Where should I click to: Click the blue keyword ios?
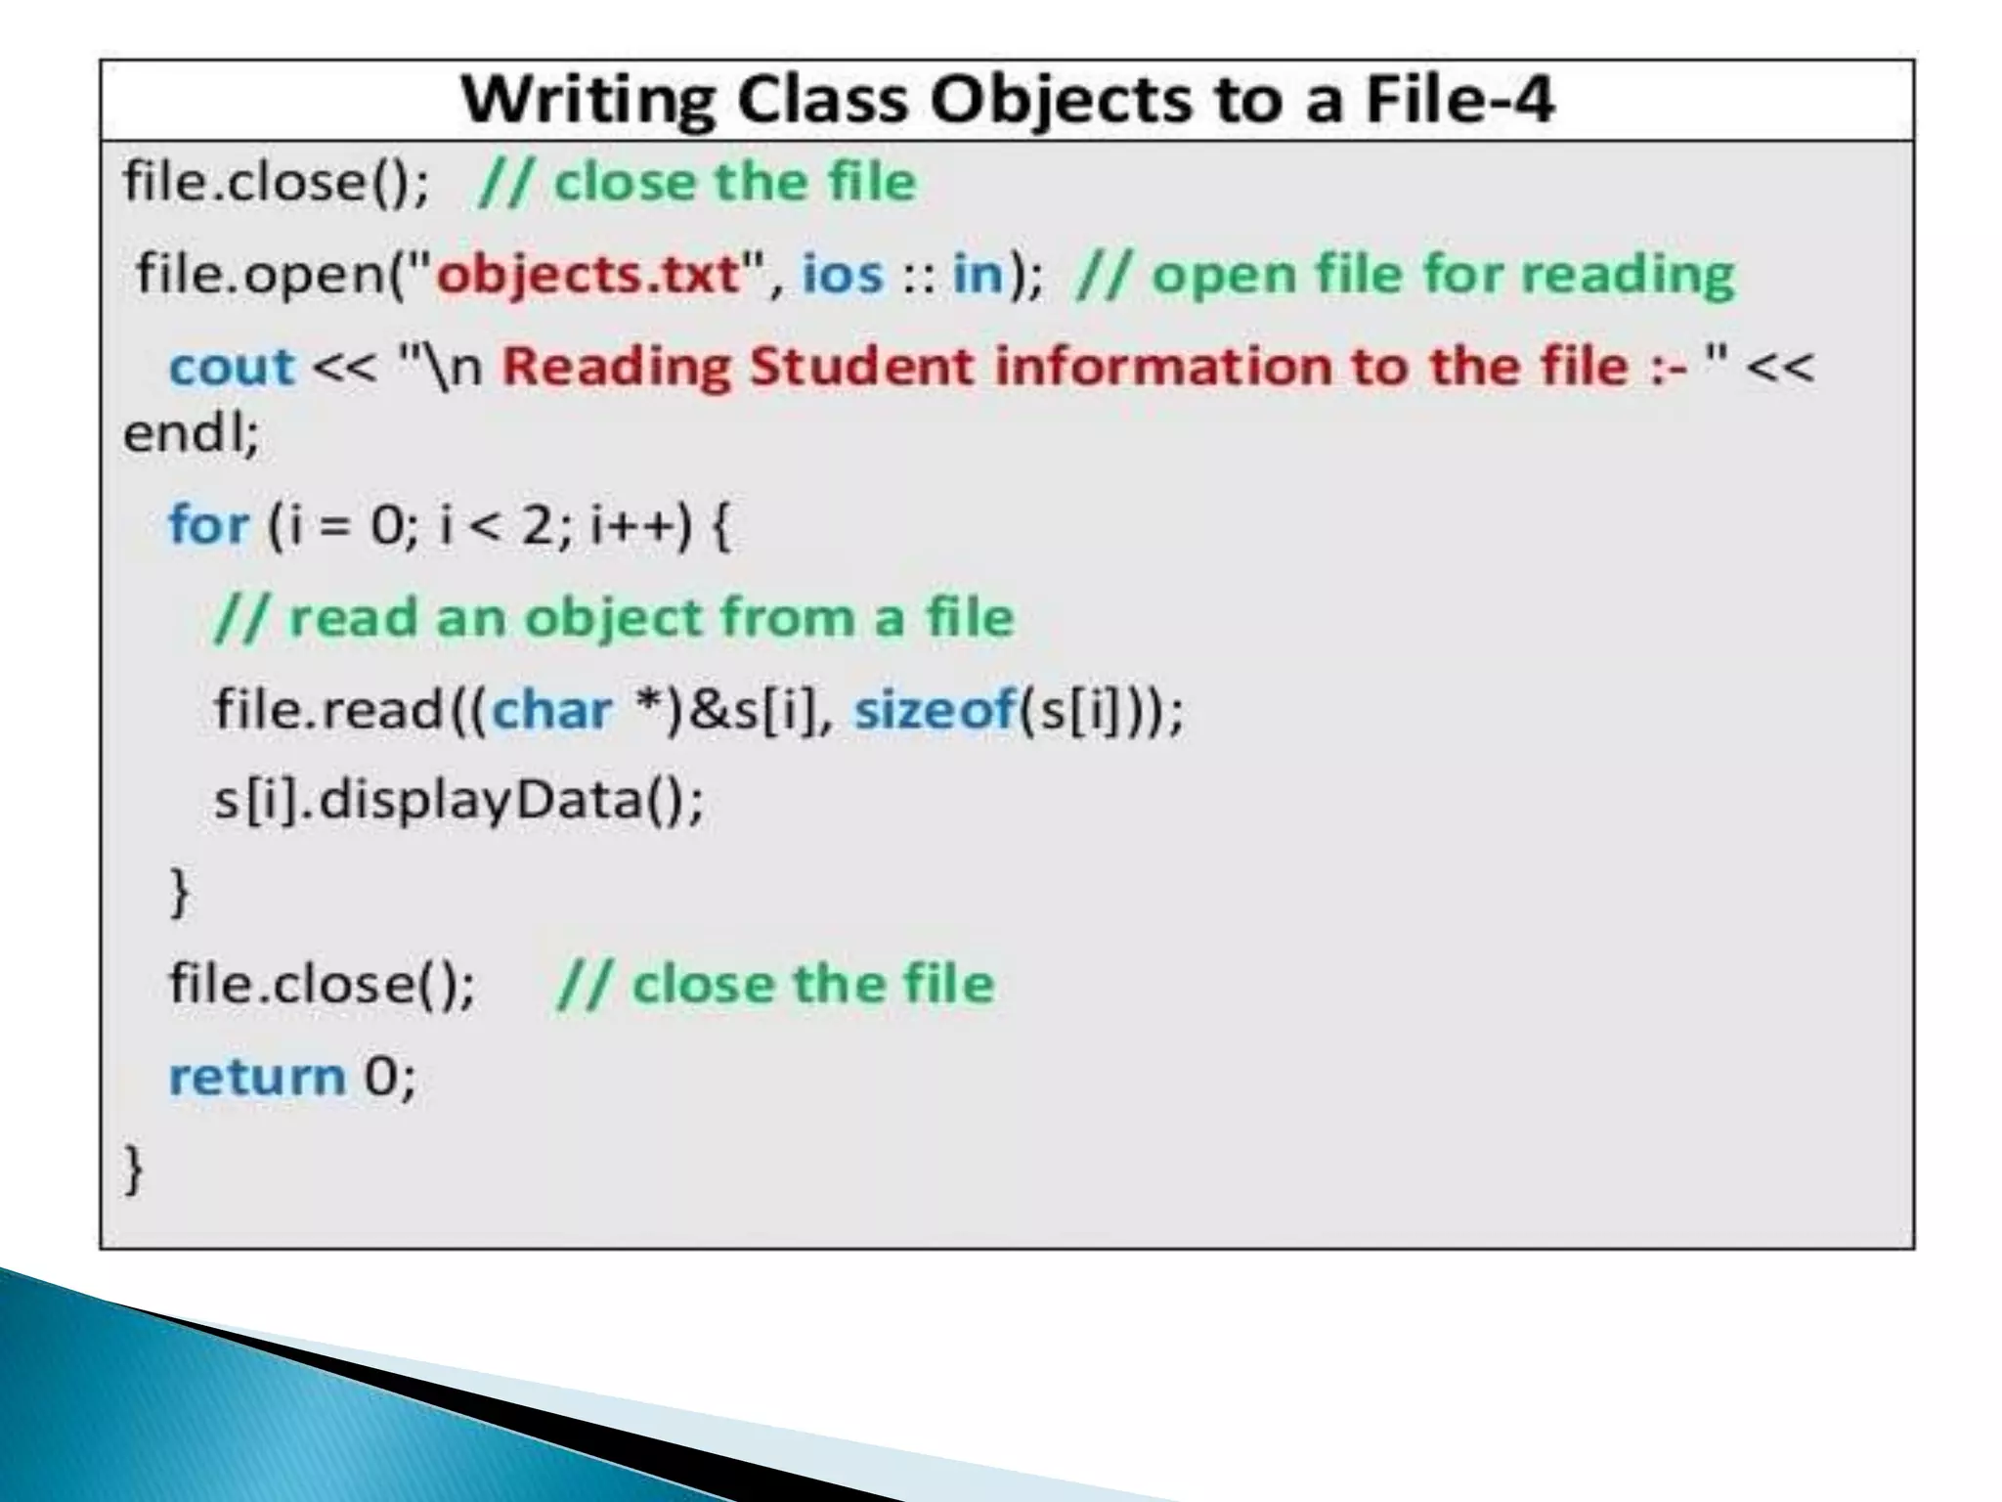coord(842,274)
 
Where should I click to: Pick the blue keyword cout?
coord(231,368)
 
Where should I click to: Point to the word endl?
coord(192,434)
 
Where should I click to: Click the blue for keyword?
coord(208,525)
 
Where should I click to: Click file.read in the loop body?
coord(328,709)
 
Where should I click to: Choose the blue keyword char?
coord(551,709)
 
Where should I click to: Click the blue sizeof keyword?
coord(935,709)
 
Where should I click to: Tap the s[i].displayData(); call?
coord(458,800)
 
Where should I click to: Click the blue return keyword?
coord(257,1077)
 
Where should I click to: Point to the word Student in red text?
coord(861,368)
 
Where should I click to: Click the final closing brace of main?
coord(133,1170)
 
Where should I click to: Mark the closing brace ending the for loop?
coord(180,892)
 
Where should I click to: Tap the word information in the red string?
coord(1163,368)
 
